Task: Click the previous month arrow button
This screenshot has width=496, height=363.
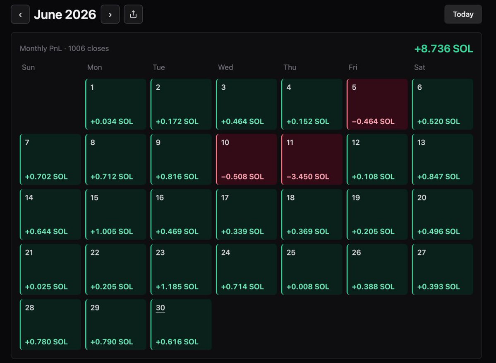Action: pos(20,14)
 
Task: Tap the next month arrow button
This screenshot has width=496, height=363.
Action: pos(110,14)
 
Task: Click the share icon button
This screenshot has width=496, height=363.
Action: pos(133,14)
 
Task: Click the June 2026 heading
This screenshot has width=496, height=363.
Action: pos(65,14)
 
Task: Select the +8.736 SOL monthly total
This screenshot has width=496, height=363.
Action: pos(443,49)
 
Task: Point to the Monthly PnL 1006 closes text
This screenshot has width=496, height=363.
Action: pos(64,48)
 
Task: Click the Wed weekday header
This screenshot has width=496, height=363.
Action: pos(225,67)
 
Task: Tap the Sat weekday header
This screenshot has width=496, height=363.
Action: pos(419,67)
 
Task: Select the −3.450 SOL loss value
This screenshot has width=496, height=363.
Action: pos(307,177)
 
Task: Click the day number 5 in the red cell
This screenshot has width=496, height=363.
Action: pos(354,87)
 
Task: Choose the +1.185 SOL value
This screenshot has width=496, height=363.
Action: pos(177,287)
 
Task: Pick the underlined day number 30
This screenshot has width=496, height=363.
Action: pos(161,308)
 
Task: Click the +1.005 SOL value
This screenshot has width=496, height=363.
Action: pos(112,232)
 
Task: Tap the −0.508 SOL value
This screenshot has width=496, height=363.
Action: pos(242,177)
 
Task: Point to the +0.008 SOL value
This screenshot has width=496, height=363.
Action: pos(307,287)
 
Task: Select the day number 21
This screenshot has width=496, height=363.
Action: pos(29,252)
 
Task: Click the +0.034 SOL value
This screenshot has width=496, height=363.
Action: pos(112,122)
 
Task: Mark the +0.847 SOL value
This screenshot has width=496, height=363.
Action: pos(438,177)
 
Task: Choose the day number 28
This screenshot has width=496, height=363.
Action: pos(29,308)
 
